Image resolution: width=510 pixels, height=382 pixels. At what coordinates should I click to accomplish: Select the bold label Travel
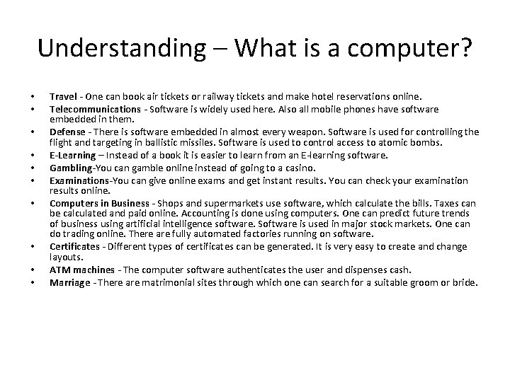[x=62, y=96]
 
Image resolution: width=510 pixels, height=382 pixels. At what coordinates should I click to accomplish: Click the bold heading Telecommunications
[x=95, y=109]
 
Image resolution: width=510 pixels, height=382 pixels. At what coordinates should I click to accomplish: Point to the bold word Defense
[x=67, y=132]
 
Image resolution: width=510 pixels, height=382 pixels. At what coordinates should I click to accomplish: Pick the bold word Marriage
[x=69, y=283]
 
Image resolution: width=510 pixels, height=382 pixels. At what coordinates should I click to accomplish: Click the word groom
[x=430, y=283]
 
